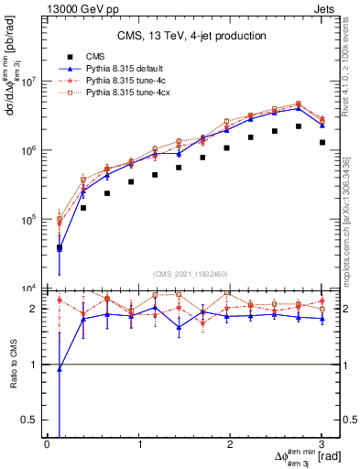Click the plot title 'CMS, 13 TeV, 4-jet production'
[191, 36]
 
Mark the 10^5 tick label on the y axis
[28, 220]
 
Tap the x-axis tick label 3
[322, 443]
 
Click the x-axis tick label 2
[230, 443]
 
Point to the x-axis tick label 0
[47, 443]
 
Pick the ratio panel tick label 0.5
[31, 420]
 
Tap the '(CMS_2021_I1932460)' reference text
[191, 274]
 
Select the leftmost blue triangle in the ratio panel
[60, 369]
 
